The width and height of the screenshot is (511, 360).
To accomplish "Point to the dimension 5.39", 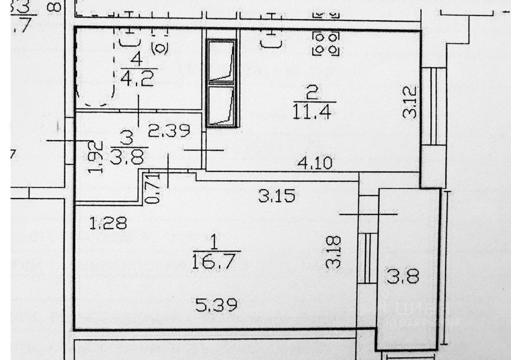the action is (217, 306).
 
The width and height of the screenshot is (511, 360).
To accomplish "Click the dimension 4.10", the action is (315, 163).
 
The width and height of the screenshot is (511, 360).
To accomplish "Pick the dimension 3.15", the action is (277, 196).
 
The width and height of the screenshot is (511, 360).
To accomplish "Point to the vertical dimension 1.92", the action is (96, 157).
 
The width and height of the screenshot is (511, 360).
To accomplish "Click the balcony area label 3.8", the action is (402, 276).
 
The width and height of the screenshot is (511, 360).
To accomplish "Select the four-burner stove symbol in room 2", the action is (326, 44).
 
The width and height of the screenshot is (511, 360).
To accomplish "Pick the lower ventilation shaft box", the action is (220, 105).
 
